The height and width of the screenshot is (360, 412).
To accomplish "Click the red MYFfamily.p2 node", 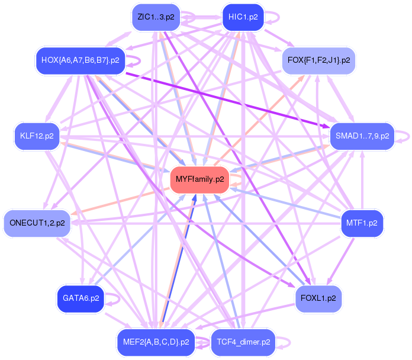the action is (200, 179).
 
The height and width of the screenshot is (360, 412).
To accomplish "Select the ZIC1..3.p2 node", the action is (156, 17).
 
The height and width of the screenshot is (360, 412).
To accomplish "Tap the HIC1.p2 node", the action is (243, 17).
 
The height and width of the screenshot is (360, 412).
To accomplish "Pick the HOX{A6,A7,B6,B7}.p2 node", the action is (80, 60).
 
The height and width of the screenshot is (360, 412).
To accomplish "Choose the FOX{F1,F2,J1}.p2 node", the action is (318, 60).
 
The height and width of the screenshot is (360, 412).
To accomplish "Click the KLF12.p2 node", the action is (37, 136).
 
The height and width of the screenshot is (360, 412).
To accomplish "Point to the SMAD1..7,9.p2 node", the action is (362, 136).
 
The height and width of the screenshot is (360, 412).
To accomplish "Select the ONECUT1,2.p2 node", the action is (37, 223).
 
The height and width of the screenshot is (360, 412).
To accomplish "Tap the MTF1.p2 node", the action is (362, 223).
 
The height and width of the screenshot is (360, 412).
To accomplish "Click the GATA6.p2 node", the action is (81, 298).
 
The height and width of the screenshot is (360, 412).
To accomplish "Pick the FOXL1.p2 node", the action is (318, 298).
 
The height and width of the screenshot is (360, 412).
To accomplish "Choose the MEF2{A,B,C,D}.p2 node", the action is (156, 342).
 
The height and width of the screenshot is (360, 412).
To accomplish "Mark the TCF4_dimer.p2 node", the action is (243, 342).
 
